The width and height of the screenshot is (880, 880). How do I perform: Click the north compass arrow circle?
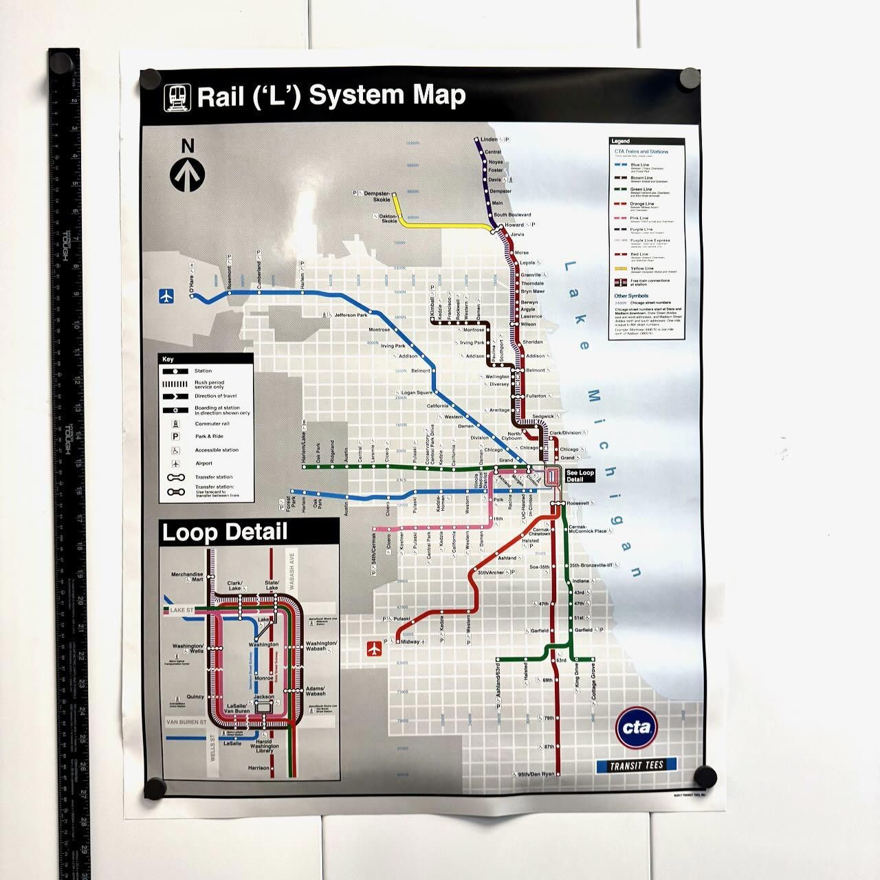pos(187,174)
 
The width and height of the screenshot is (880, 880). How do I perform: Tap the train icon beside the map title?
pos(176,97)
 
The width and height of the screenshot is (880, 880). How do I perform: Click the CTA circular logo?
pos(637,728)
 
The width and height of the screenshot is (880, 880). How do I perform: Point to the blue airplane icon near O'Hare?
pos(166,296)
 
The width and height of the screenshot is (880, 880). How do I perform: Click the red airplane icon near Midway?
pos(374,647)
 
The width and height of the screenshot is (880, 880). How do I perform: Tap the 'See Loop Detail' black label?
pos(579,476)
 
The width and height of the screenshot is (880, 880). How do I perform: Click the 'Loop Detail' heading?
pos(224,531)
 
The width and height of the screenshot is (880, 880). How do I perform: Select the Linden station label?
pos(489,140)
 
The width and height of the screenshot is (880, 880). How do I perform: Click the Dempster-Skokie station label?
pos(377,195)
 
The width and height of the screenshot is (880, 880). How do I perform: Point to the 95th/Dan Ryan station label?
pos(535,774)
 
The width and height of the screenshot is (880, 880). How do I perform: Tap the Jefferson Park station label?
pos(351,315)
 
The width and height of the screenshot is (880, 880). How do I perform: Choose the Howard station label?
pos(514,225)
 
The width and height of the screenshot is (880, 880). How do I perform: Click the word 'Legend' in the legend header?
pos(620,142)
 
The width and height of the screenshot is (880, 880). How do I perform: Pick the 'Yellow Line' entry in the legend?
pos(641,269)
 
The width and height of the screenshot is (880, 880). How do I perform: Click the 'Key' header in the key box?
pos(168,359)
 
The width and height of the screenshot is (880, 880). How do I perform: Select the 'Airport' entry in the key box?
pos(204,463)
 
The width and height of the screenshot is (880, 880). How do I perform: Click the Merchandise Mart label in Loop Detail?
pos(188,577)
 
